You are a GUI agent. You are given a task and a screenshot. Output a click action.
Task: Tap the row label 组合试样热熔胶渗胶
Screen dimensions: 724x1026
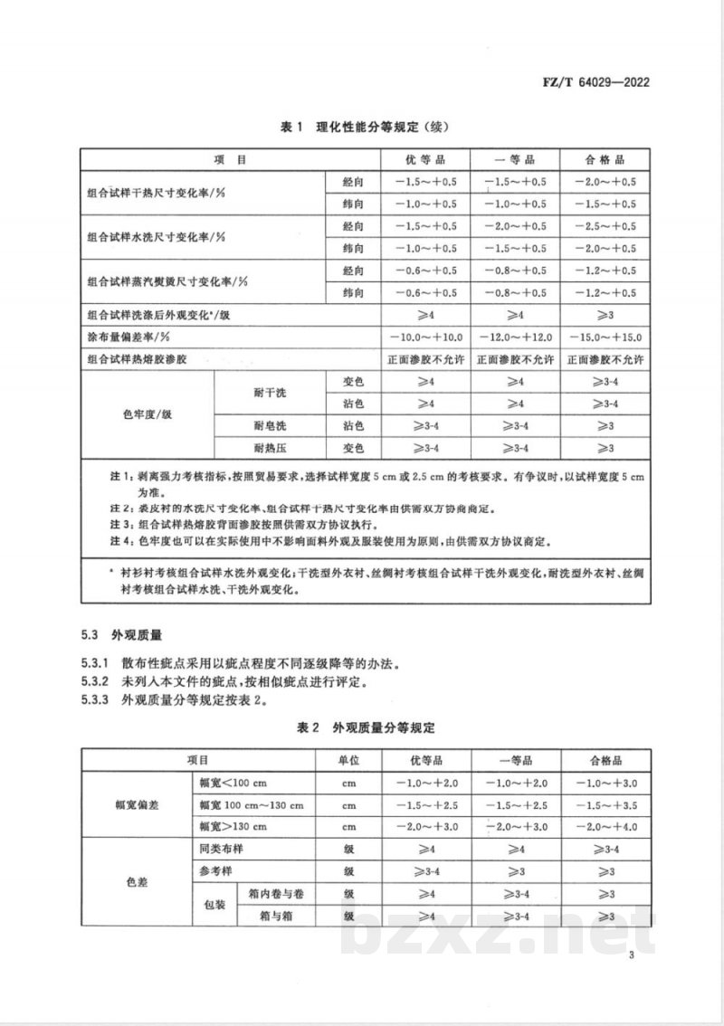(x=136, y=359)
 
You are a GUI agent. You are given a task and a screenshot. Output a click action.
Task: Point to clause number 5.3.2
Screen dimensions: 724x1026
(x=95, y=680)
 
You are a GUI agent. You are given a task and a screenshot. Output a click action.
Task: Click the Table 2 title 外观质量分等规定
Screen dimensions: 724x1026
(x=367, y=727)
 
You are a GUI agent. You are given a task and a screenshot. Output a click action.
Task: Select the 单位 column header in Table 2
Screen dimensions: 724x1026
(x=350, y=760)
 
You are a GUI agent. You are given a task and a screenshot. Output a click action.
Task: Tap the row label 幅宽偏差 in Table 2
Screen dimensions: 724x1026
(x=136, y=804)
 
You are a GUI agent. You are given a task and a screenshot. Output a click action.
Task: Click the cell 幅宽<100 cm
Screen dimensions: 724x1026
(x=233, y=783)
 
